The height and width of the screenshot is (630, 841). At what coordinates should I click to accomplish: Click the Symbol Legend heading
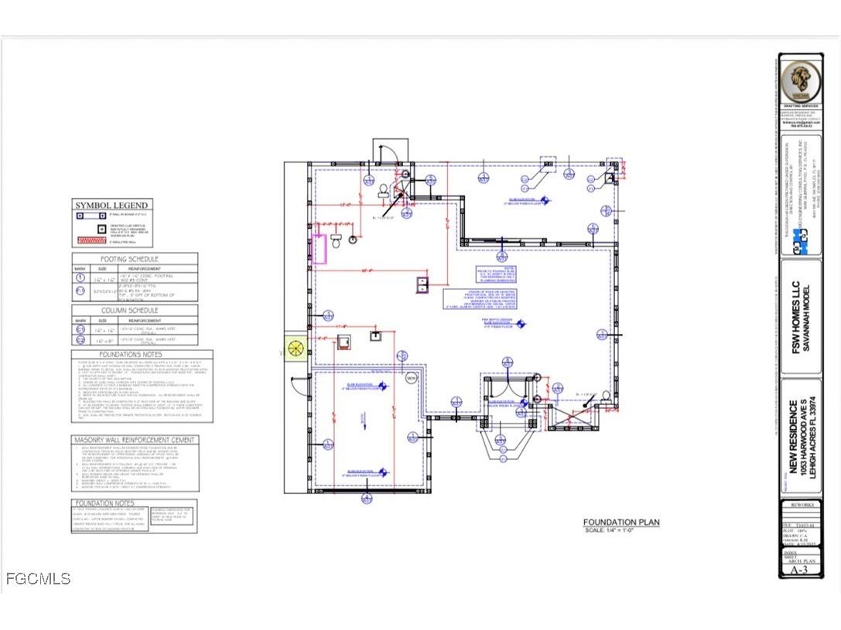click(x=111, y=206)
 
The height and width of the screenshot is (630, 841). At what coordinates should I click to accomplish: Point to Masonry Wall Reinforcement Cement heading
click(x=135, y=440)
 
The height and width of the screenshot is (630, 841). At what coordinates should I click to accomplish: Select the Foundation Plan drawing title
click(x=621, y=523)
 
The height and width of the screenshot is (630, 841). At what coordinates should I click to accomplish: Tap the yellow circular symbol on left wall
click(x=296, y=349)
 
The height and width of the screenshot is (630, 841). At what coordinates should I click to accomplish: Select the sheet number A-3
click(x=798, y=570)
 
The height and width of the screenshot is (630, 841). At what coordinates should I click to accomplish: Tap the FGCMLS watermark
click(x=38, y=578)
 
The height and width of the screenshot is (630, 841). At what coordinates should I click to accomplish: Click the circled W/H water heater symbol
click(x=412, y=377)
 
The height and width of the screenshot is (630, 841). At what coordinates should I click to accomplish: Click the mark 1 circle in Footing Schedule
click(x=80, y=277)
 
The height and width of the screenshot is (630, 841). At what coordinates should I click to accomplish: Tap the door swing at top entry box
click(x=392, y=151)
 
